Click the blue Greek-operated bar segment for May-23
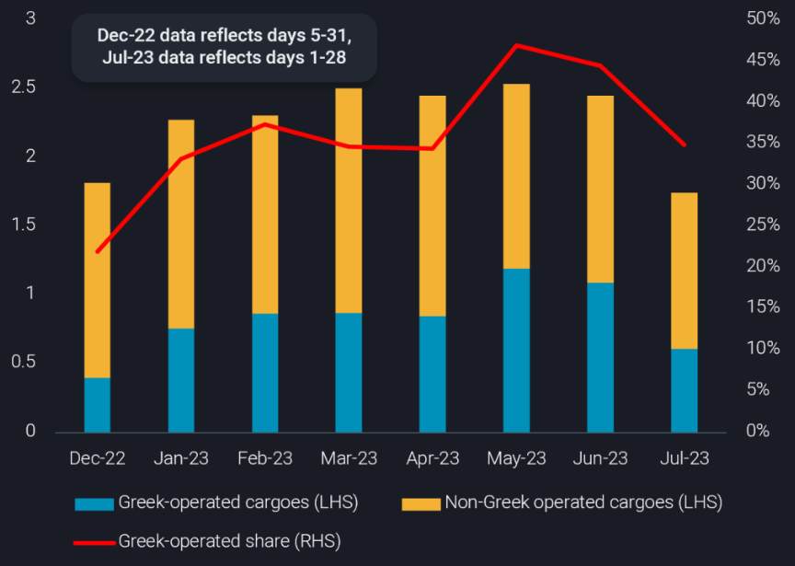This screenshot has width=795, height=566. [x=516, y=350]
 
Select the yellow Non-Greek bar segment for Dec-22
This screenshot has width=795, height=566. [x=97, y=280]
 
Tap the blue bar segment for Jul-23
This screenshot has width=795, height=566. [x=684, y=390]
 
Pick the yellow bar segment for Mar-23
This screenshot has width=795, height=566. [x=348, y=201]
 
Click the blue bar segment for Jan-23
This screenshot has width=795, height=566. [x=180, y=380]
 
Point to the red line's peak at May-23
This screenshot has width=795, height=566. [x=516, y=45]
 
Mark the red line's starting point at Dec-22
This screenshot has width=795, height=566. [x=98, y=251]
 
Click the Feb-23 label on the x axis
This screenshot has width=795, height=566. [x=265, y=457]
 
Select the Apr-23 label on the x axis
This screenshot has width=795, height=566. [x=432, y=457]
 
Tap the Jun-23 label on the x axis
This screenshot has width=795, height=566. [x=600, y=457]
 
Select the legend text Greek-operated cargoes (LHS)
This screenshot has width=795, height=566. [x=237, y=502]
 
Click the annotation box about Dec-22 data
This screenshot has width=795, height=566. [x=225, y=47]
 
